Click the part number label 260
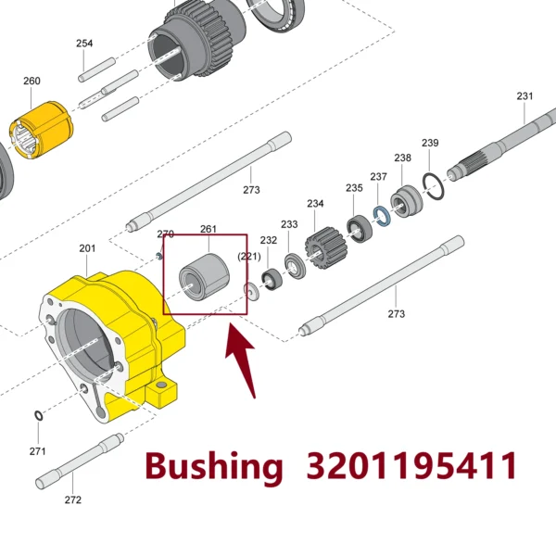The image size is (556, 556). click(32, 81)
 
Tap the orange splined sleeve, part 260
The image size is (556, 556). click(42, 130)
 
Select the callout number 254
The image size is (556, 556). click(84, 44)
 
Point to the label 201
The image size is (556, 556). click(87, 248)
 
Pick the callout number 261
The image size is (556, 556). click(208, 229)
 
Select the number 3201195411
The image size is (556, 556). click(411, 465)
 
